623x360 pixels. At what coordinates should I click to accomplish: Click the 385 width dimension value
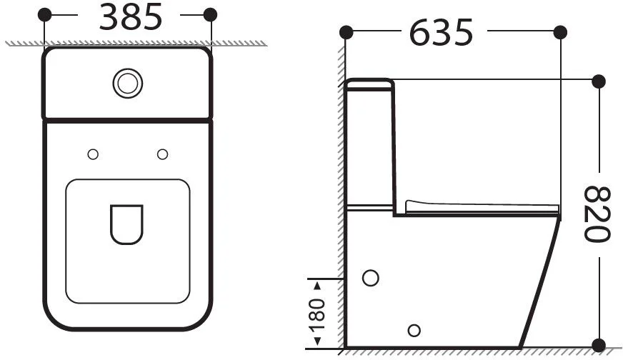[131, 17]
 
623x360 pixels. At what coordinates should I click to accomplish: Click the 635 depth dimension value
[441, 33]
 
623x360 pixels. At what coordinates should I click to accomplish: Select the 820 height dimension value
[597, 214]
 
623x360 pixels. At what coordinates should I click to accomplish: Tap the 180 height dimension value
[317, 315]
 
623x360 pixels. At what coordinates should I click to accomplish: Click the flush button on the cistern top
[128, 84]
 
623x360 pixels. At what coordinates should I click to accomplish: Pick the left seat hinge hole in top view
[93, 154]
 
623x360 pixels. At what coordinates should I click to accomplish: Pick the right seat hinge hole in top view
[162, 154]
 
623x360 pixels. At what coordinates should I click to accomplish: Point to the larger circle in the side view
[371, 278]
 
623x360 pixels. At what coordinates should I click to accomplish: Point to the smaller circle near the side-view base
[414, 331]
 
